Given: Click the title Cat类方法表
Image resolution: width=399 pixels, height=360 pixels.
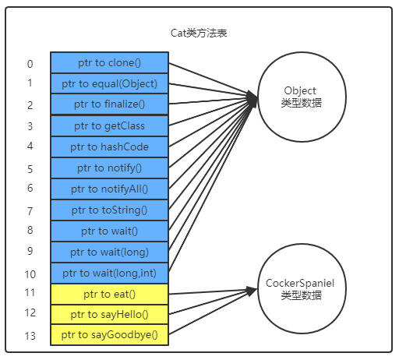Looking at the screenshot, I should pos(199,33).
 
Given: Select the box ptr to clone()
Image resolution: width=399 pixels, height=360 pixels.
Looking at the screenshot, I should pos(109,62).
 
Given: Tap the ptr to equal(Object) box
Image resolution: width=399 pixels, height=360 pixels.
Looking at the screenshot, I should pos(109,83).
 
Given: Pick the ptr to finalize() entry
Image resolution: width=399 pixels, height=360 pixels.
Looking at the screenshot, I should pos(109,104).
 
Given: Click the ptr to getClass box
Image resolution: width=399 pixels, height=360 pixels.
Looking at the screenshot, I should pos(109,125).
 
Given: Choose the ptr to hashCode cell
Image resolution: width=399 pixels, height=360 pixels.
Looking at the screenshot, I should pos(109,146).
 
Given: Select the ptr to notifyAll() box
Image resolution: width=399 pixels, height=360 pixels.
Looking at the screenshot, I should pos(109,189).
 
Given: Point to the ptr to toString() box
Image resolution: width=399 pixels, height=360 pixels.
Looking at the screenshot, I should pos(109,210).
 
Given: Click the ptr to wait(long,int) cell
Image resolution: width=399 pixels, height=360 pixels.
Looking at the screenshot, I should pos(109,273).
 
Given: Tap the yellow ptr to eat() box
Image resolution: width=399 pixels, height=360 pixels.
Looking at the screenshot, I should pos(109,294).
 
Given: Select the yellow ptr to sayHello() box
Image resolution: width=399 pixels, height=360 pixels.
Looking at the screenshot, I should pos(109,314).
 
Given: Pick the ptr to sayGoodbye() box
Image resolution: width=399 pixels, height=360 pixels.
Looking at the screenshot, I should pos(109,335).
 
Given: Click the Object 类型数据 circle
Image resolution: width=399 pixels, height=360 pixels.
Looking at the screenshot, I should pos(298,97).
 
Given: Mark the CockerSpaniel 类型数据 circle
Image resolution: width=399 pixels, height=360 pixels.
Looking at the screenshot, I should pos(298,290).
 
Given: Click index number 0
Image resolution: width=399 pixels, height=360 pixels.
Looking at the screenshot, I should pos(30,64).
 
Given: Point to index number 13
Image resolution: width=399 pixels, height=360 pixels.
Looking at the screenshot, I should pos(30,336).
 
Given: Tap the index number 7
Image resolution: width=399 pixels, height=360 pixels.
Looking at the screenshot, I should pos(30,210).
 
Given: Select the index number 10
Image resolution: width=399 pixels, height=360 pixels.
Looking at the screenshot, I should pos(30,274).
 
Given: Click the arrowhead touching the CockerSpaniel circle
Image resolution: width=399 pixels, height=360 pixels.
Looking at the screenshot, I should pos(252,291).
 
